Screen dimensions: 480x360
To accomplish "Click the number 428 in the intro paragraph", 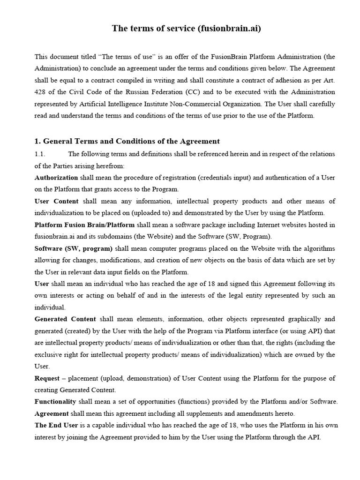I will click(41, 91).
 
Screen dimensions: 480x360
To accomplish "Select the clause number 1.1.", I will click(41, 154).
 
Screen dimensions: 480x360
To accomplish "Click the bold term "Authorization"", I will click(56, 178).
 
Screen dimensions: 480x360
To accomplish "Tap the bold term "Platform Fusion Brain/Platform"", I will click(85, 225).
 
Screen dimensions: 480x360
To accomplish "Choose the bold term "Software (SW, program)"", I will click(74, 248).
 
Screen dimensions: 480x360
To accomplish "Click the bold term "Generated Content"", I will click(65, 319).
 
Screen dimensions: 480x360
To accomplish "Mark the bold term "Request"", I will click(47, 378).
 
